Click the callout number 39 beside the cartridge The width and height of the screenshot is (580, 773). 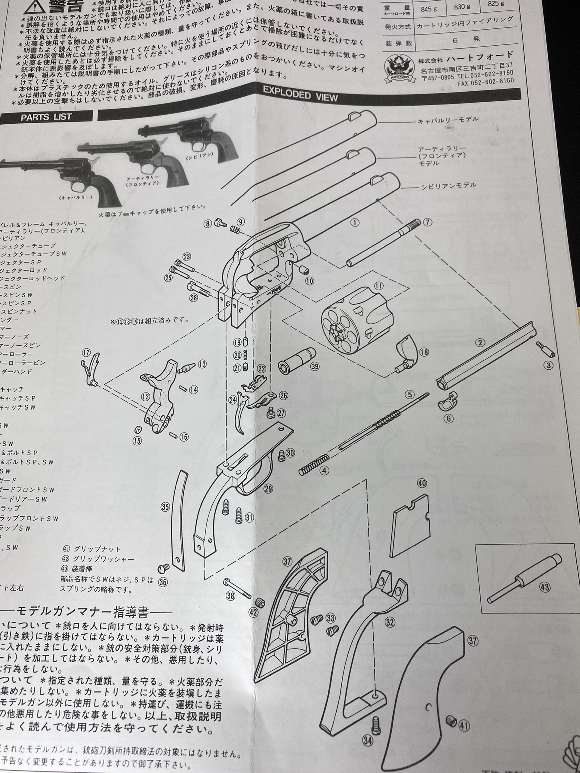(x=315, y=366)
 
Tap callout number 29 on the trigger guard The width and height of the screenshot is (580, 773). (x=268, y=489)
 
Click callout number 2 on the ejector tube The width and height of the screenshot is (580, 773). (x=480, y=343)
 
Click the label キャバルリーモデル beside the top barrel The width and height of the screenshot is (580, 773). (x=447, y=120)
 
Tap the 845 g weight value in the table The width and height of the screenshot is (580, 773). (x=429, y=9)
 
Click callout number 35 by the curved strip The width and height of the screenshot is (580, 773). (x=165, y=507)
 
